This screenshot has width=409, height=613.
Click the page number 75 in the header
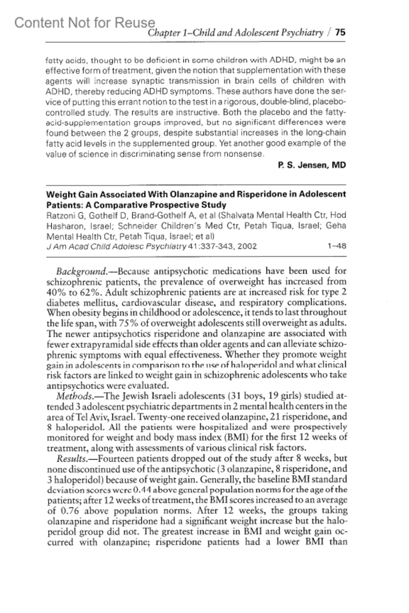(x=340, y=33)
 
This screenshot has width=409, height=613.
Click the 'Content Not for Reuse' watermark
(x=85, y=23)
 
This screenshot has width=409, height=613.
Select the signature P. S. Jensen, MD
(x=312, y=166)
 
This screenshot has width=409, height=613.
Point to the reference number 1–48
(x=336, y=246)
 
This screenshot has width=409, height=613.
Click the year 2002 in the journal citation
(x=247, y=246)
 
